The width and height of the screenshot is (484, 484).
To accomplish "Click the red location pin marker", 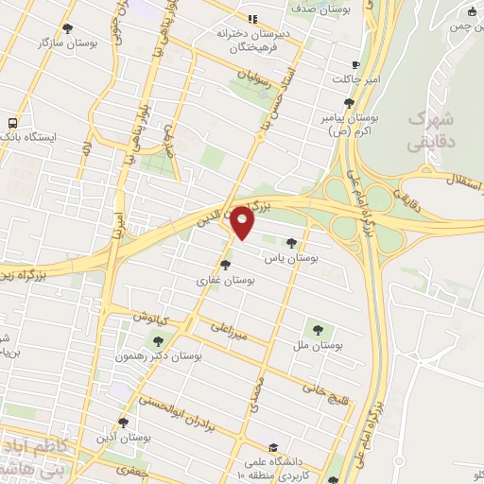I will click(x=243, y=222).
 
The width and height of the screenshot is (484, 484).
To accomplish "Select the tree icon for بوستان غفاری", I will click(x=225, y=265).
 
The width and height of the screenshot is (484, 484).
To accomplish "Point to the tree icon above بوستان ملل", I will click(x=318, y=330).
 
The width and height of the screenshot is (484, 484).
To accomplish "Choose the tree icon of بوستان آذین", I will click(x=123, y=423).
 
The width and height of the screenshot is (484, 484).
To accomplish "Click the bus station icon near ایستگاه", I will click(x=12, y=123).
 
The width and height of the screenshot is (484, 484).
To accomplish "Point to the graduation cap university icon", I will click(x=272, y=447).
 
